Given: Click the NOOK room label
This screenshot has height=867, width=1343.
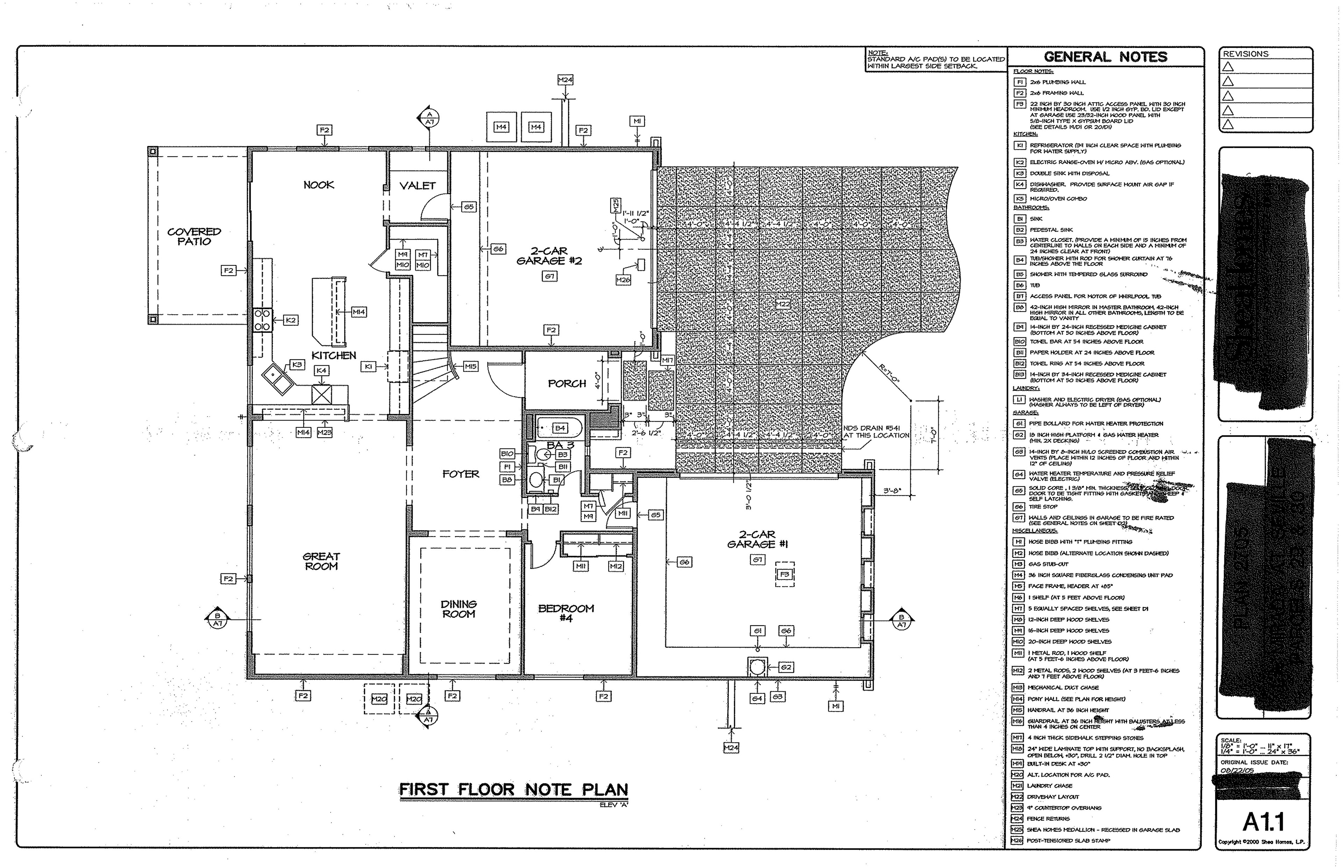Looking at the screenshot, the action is click(319, 185).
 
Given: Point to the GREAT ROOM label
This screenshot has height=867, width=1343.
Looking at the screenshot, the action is click(321, 561).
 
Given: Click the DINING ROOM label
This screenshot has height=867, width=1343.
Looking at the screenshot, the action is click(459, 608).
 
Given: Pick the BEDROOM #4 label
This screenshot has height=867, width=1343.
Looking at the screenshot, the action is click(566, 613).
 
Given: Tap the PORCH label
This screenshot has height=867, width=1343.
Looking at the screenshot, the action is click(567, 383).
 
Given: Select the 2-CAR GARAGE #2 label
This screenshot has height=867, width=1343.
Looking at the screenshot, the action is click(549, 256).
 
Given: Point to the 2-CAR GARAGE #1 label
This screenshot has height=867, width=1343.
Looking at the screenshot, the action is click(757, 539).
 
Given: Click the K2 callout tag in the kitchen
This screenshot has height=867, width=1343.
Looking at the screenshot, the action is click(290, 320).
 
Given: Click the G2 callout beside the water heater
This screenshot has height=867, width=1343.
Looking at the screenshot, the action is click(786, 667).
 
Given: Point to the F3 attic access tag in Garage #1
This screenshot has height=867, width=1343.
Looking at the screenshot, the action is click(784, 574).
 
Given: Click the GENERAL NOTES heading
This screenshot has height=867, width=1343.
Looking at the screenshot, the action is click(1105, 57).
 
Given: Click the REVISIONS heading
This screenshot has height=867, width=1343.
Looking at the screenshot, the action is click(1246, 54).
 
